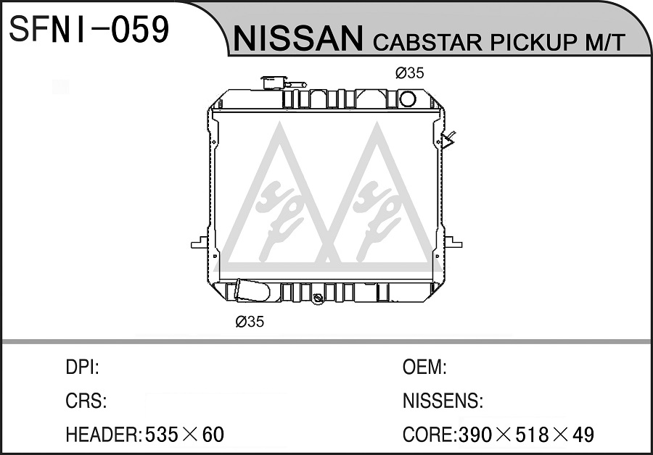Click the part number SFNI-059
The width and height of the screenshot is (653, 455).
pos(89,29)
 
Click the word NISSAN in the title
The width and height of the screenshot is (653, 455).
pos(298,38)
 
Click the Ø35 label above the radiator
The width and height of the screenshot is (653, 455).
pos(409,73)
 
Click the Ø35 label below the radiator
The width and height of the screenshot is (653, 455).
pos(250,322)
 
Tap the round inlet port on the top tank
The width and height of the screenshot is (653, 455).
pos(407,99)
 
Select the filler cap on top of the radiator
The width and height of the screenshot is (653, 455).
pos(274,83)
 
